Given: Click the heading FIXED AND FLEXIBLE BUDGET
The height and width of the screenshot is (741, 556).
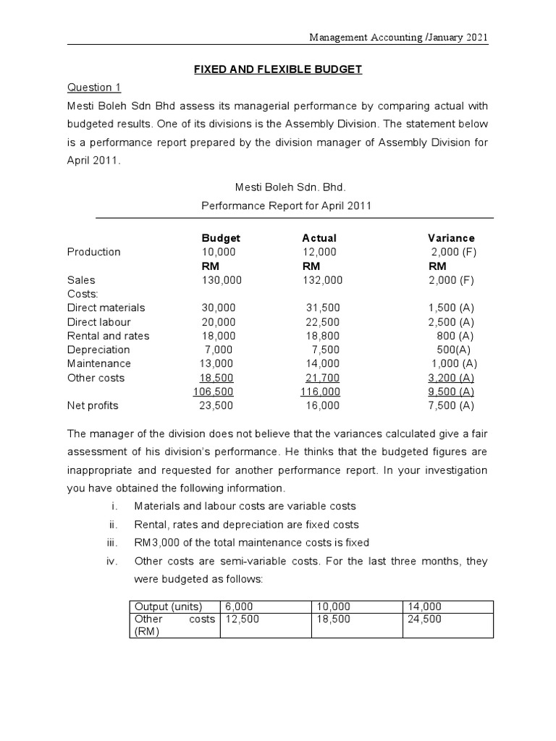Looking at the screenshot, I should click(277, 69).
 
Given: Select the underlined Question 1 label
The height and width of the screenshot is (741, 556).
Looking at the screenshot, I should click(94, 88).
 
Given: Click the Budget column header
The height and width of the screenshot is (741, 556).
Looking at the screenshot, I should click(220, 238).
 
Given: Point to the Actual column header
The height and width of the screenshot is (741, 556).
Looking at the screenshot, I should click(319, 238).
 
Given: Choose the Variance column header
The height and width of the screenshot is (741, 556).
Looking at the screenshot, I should click(451, 238).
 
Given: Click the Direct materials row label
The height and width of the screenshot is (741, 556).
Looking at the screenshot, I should click(106, 308).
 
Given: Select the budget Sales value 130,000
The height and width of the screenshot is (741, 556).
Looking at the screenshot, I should click(221, 280).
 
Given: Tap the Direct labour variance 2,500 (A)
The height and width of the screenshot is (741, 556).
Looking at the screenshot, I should click(451, 322).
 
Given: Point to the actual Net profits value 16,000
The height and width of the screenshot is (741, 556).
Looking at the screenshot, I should click(322, 406).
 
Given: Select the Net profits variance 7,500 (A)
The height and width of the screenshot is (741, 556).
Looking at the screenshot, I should click(451, 406).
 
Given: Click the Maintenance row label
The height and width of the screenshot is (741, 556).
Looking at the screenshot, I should click(99, 363).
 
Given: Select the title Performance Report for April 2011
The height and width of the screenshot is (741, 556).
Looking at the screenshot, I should click(286, 206).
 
